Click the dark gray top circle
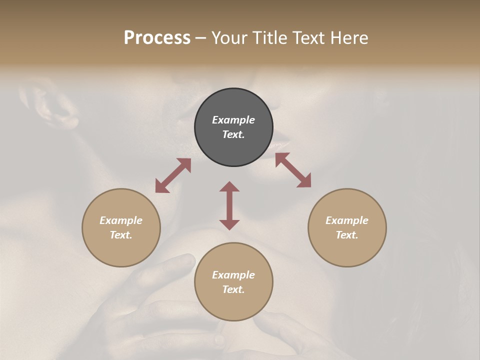coord(233,127)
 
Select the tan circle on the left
coord(121,227)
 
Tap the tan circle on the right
coord(347,227)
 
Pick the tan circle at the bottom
coord(233,282)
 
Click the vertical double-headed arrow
coord(229,205)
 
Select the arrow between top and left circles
coord(173,175)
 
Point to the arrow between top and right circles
coord(293,170)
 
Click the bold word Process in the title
coord(157,38)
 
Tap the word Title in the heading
coord(269,38)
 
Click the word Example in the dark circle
coord(233,120)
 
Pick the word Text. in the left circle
coord(121,235)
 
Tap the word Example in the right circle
coord(347,220)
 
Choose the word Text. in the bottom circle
coord(233,289)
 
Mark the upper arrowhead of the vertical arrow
coord(229,186)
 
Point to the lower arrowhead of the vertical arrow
coord(229,224)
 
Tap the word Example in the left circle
coord(121,220)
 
